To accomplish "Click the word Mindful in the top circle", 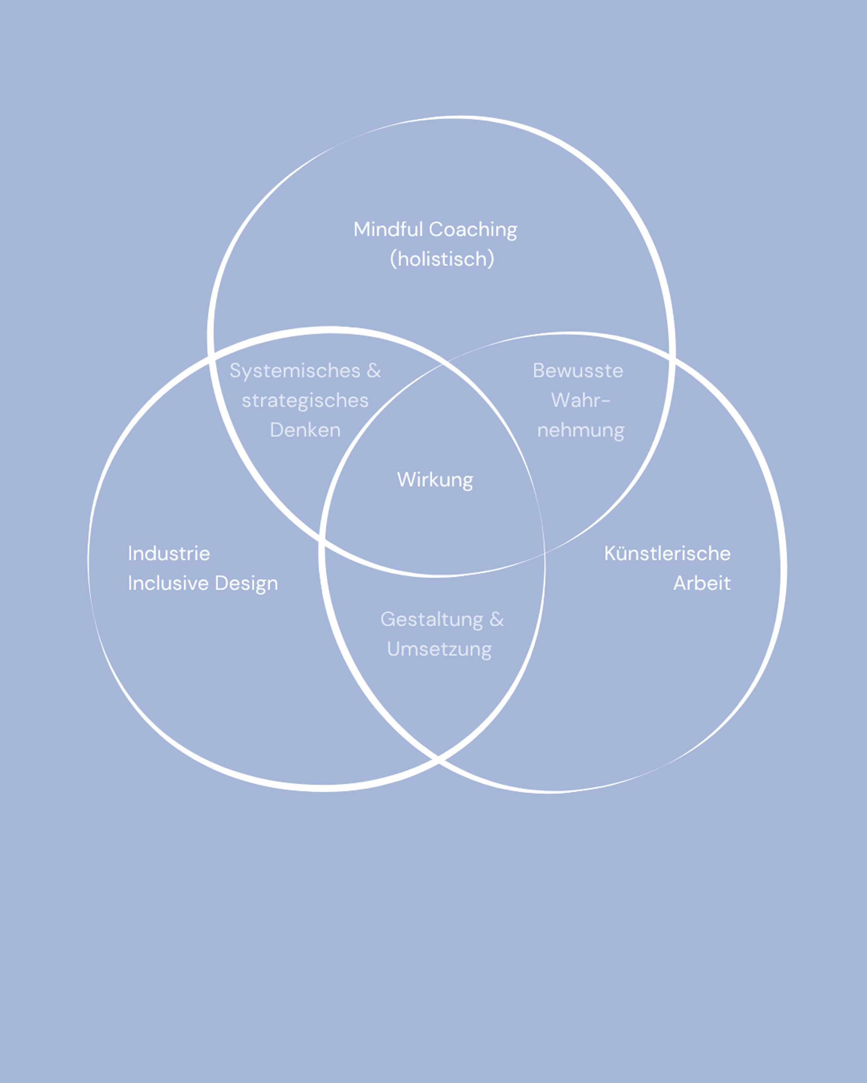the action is (388, 229).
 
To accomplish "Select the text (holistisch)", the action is (442, 259).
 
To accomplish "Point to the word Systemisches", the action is (295, 371).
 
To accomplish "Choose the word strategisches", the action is (305, 401).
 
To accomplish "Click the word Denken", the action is (305, 430).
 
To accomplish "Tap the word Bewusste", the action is (578, 371).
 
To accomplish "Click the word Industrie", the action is (169, 554).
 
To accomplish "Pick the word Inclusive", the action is (168, 583).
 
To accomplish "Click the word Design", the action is (246, 584).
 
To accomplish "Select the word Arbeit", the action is (702, 583).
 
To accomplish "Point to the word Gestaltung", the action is (432, 620).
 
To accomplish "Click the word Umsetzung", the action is (439, 649).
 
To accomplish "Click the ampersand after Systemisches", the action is (373, 371).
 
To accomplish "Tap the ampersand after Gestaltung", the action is (497, 619).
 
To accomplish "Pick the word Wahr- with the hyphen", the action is (581, 400).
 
